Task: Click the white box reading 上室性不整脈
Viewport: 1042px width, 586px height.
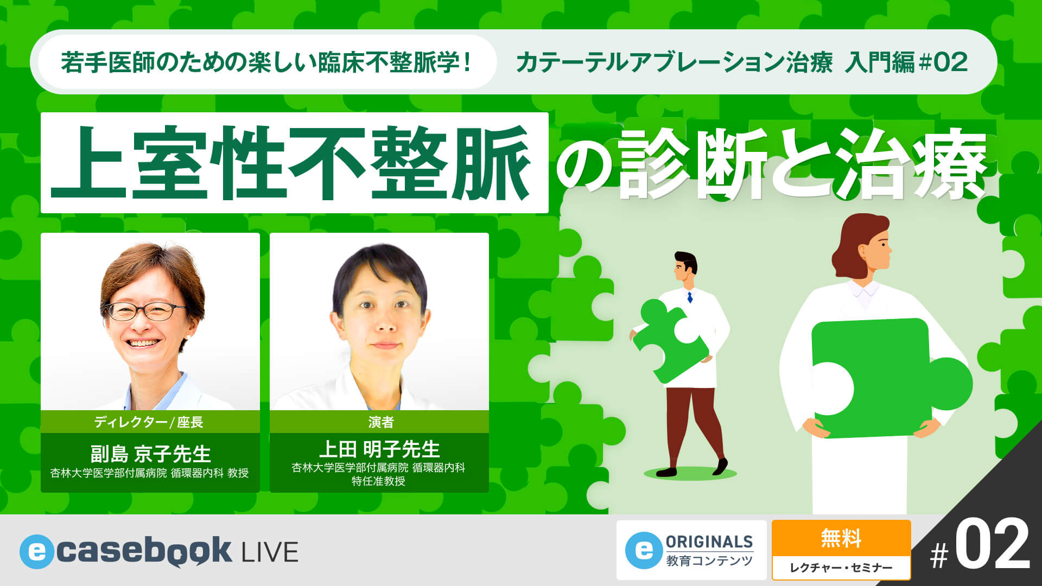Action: coord(294,163)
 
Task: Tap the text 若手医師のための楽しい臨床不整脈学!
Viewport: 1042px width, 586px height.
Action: coord(265,62)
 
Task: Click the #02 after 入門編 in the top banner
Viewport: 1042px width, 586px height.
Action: coord(944,62)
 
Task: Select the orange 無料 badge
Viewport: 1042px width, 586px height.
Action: coord(841,538)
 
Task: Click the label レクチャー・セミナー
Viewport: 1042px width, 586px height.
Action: coord(841,568)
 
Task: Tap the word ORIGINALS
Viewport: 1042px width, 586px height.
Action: coord(709,542)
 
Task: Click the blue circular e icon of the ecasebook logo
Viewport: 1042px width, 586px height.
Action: coord(36,552)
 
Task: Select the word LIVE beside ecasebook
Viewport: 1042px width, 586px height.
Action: coord(270,552)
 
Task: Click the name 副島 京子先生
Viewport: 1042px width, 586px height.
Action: coord(150,454)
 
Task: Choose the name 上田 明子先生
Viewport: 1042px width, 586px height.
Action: coord(379,449)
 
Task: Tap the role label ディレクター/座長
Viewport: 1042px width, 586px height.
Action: coord(149,422)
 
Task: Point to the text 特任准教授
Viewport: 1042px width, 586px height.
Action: coord(378,481)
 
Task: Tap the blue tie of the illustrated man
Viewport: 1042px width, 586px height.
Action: coord(690,297)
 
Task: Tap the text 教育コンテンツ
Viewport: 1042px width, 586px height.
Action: coord(709,561)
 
